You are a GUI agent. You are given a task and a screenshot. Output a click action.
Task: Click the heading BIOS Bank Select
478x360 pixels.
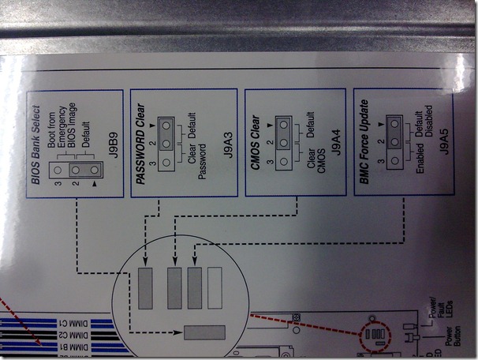pos(37,139)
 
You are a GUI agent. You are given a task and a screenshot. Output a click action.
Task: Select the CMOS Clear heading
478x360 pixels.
pos(256,140)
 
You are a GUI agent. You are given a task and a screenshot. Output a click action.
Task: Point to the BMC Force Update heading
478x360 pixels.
pos(364,140)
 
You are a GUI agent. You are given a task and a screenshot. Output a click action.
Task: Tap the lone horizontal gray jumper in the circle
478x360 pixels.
pos(204,332)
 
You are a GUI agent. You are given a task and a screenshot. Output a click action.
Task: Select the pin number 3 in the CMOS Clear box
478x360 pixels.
pos(269,164)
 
